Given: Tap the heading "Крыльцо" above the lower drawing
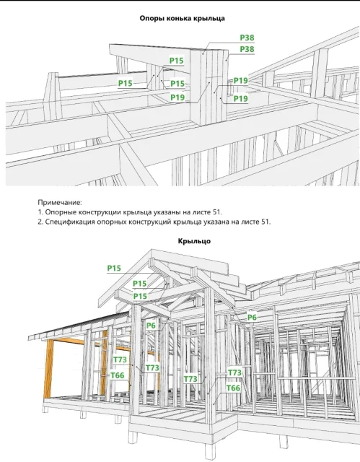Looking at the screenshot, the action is (x=194, y=241).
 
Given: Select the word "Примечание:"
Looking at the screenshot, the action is (x=60, y=203).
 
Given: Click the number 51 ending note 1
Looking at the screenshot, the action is (x=217, y=212).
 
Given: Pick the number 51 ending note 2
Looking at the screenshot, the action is (x=265, y=222).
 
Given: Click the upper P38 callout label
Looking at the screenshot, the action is (x=247, y=38).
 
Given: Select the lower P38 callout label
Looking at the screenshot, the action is (x=247, y=49).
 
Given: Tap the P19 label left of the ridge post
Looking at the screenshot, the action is (x=177, y=97).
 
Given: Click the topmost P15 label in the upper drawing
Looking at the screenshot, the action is (x=176, y=61).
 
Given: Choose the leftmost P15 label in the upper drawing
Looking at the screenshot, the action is (x=126, y=84).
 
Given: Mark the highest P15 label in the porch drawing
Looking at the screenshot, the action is (x=114, y=268).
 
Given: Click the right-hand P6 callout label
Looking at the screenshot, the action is (x=252, y=318).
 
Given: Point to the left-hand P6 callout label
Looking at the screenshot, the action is (x=151, y=326).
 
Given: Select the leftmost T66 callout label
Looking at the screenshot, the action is (x=118, y=375).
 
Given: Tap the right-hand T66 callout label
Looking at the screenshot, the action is (x=234, y=388).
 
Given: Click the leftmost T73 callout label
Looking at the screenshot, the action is (x=120, y=359).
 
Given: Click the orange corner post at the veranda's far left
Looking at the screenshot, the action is (x=48, y=369).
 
